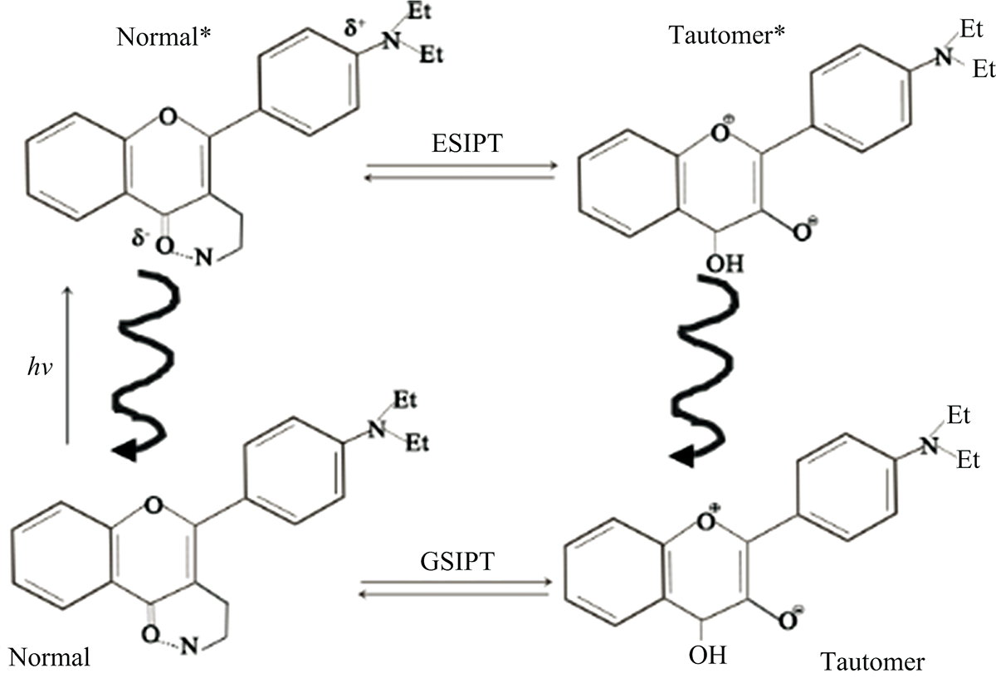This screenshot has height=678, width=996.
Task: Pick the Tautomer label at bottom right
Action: (871, 661)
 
